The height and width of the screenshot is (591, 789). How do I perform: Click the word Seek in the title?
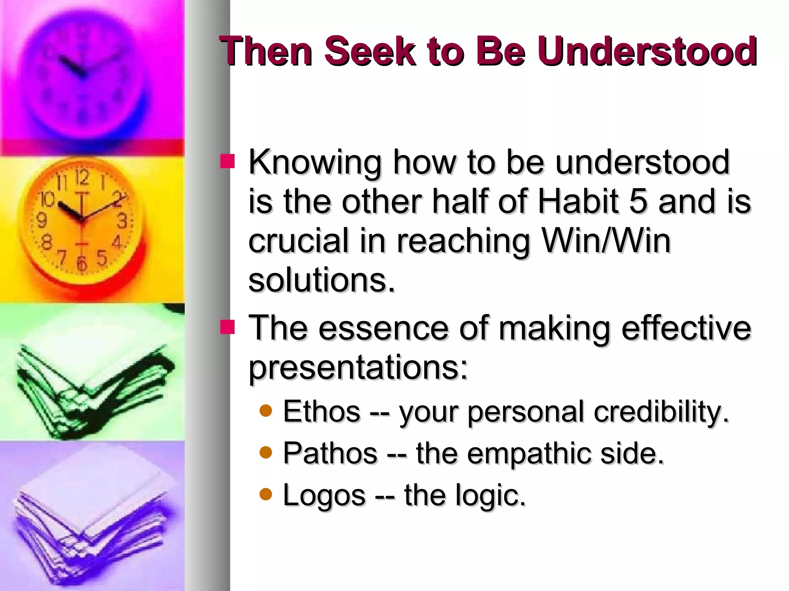click(369, 51)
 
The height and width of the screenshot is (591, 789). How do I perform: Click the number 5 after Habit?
click(638, 201)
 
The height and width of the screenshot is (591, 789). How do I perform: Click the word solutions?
click(322, 280)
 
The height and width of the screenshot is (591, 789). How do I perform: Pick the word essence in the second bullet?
click(383, 328)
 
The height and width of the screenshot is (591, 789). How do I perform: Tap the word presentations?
click(358, 367)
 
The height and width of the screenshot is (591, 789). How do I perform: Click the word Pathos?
click(330, 453)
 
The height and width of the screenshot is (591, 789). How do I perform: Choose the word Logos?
click(324, 495)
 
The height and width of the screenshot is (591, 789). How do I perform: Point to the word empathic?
click(529, 453)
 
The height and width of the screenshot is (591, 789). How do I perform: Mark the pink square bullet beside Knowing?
click(227, 162)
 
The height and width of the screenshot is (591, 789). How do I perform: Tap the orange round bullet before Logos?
click(266, 494)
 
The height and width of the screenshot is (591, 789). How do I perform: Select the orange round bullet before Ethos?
click(266, 411)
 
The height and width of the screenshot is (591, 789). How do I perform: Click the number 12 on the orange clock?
click(82, 178)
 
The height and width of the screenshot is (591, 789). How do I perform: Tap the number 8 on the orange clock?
click(47, 242)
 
